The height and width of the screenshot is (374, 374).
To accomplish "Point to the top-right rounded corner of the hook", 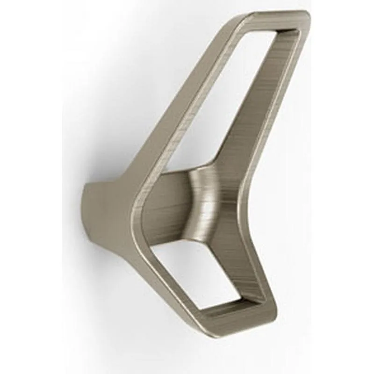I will tap(304, 16).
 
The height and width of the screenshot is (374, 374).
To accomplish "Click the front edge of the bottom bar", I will tap(234, 318).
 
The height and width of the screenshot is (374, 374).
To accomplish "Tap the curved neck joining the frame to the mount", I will tap(206, 201).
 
